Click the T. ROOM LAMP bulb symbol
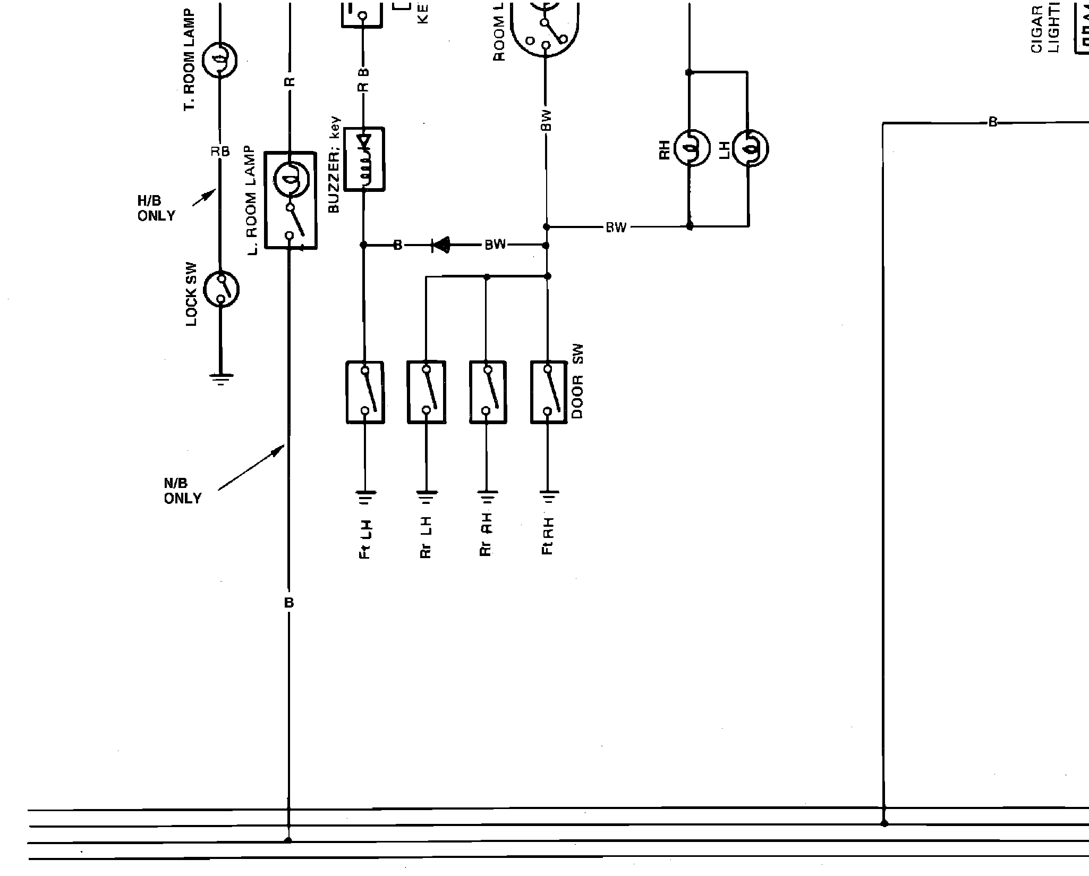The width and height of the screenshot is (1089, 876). [x=220, y=60]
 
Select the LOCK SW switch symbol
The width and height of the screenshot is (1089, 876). [x=222, y=289]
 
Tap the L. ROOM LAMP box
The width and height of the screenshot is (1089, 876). [x=291, y=200]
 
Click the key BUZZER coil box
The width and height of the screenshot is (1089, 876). [x=364, y=158]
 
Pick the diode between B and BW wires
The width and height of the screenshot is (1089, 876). [x=441, y=245]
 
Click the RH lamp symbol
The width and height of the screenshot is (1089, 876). [x=692, y=148]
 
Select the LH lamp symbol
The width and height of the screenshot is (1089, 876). [x=750, y=148]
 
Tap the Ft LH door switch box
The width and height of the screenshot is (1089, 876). [x=365, y=392]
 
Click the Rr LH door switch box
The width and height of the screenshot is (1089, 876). [x=426, y=392]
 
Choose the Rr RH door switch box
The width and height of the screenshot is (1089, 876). [x=488, y=392]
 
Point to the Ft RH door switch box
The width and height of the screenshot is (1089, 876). [x=548, y=392]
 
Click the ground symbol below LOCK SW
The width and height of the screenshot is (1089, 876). [x=221, y=378]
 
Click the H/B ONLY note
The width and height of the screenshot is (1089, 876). [x=156, y=208]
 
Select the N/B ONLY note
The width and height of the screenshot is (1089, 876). [x=182, y=491]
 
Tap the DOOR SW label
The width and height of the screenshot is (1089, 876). [x=577, y=381]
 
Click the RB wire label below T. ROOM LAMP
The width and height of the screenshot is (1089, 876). [x=220, y=152]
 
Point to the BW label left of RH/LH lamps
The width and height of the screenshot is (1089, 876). [x=616, y=228]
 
